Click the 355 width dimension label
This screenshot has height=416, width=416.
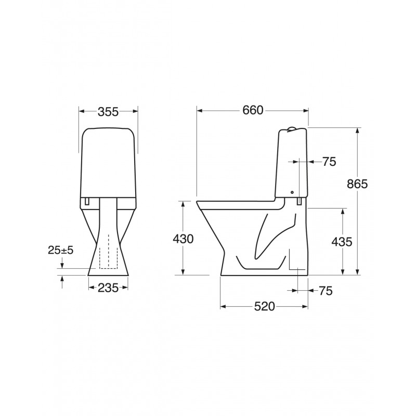(108, 112)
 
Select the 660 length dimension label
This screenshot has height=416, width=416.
(253, 110)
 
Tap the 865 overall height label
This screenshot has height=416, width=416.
(357, 184)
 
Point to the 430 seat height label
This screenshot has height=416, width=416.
(183, 239)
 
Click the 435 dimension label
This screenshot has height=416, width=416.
(342, 242)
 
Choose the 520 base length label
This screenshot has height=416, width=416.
(265, 307)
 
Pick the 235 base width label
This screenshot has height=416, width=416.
(108, 288)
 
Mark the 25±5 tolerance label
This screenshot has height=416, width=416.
(60, 250)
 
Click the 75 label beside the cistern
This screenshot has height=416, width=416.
(329, 162)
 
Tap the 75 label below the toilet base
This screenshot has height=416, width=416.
(326, 291)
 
